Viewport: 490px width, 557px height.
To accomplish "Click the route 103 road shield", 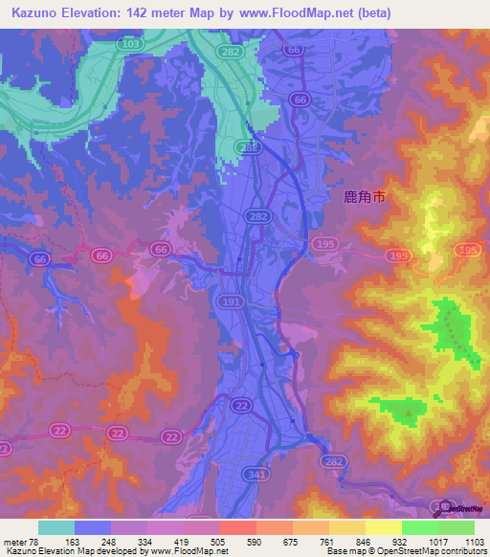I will [x=130, y=44].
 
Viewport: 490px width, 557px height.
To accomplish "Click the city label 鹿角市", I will [x=365, y=198].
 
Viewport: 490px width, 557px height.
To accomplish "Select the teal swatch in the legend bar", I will [x=56, y=527].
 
